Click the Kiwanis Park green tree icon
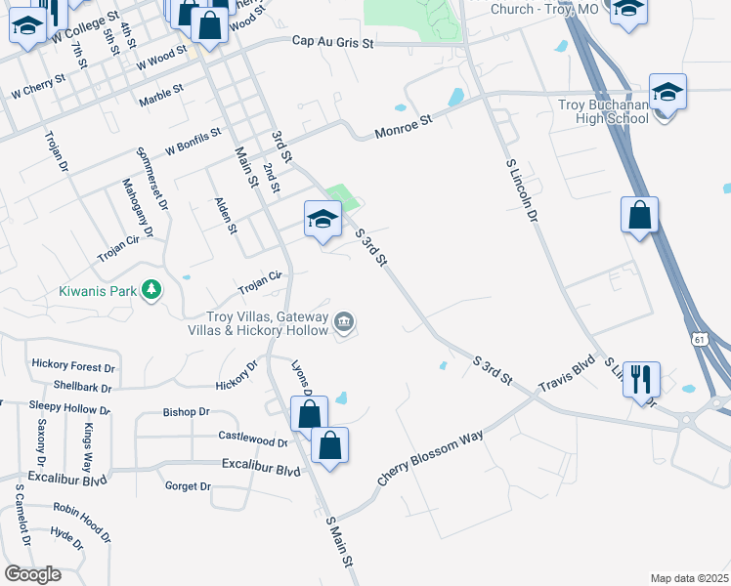150,290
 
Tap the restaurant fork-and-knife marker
641,377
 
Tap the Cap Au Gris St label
333,42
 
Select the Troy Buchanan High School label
603,111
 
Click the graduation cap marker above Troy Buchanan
667,93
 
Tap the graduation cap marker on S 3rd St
322,220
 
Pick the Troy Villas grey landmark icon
344,321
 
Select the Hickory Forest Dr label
73,365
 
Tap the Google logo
32,574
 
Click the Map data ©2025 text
690,578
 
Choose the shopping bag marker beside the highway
639,217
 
